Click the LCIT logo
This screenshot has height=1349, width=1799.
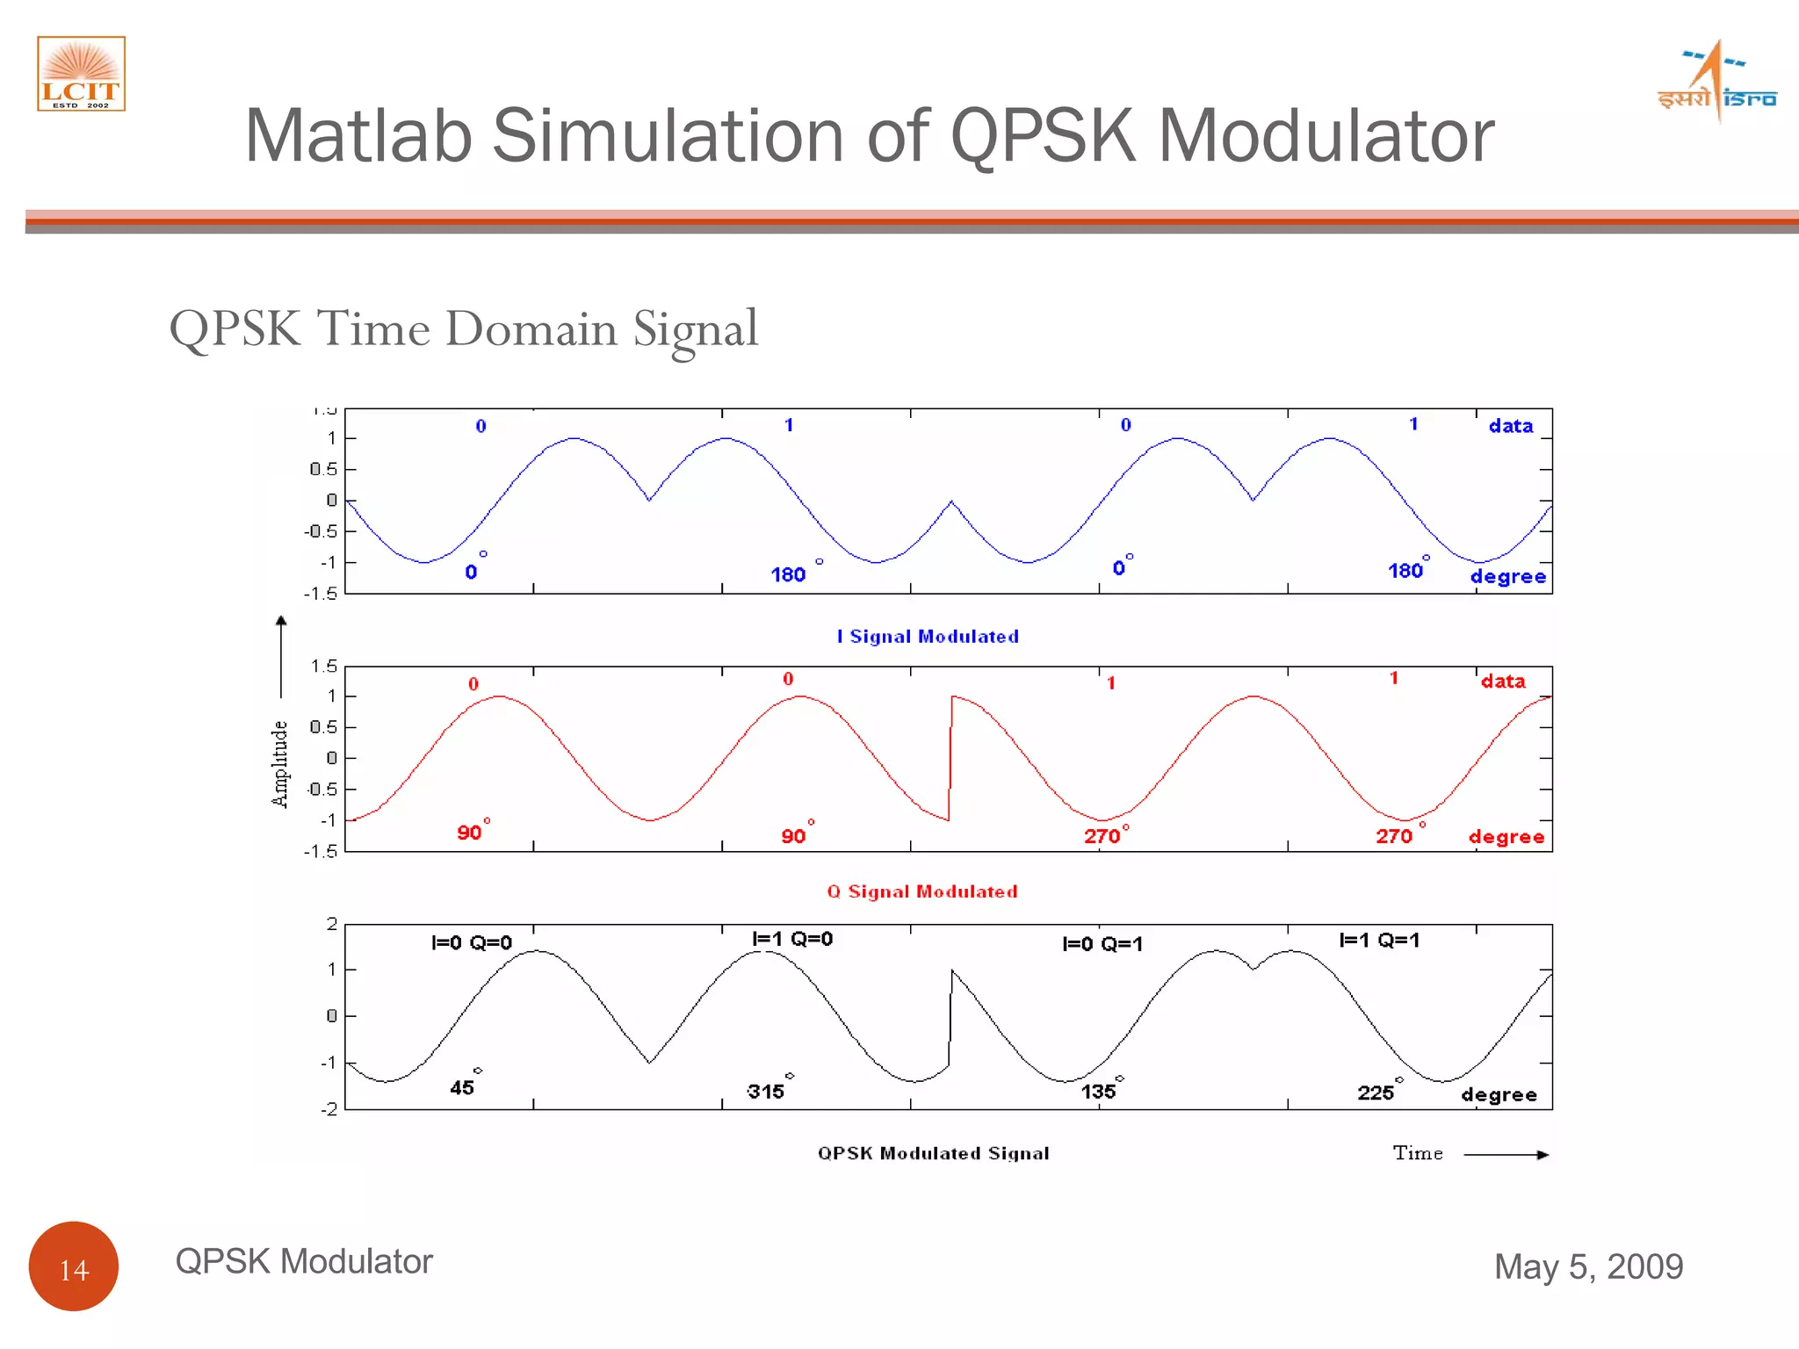click(x=81, y=74)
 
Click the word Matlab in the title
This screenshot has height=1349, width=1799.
click(x=358, y=136)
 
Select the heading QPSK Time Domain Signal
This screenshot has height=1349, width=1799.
click(x=463, y=330)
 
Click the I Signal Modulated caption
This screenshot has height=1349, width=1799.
click(x=928, y=637)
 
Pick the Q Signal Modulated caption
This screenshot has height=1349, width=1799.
click(x=922, y=891)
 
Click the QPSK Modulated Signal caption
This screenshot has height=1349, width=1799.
click(x=933, y=1153)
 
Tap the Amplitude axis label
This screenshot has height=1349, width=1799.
click(x=279, y=763)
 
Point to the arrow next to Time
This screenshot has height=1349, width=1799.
click(x=1506, y=1155)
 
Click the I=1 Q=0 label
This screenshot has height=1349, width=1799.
click(x=792, y=939)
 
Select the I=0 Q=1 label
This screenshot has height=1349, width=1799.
click(x=1102, y=944)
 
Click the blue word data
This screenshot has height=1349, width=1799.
click(x=1510, y=426)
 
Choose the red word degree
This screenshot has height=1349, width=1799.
click(x=1506, y=837)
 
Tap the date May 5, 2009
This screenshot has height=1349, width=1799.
click(x=1588, y=1266)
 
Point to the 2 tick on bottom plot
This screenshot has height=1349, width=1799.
click(x=332, y=924)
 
